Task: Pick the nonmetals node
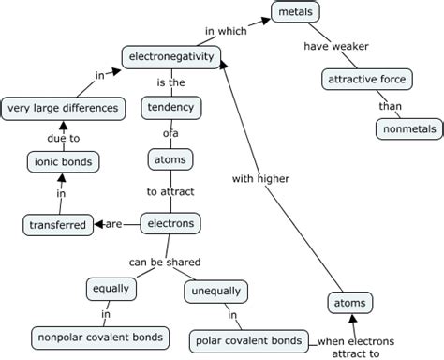point(407,129)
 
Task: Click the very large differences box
point(63,108)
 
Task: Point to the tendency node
point(171,108)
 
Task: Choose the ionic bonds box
point(60,162)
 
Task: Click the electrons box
point(170,223)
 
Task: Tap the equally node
point(109,288)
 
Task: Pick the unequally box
point(216,290)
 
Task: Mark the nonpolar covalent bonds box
point(100,337)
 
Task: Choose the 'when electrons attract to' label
point(355,347)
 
